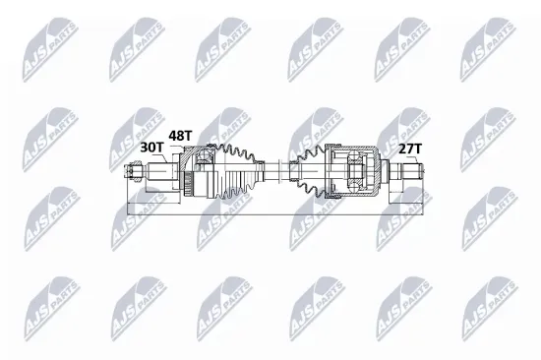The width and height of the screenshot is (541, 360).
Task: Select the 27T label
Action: pos(408,149)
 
